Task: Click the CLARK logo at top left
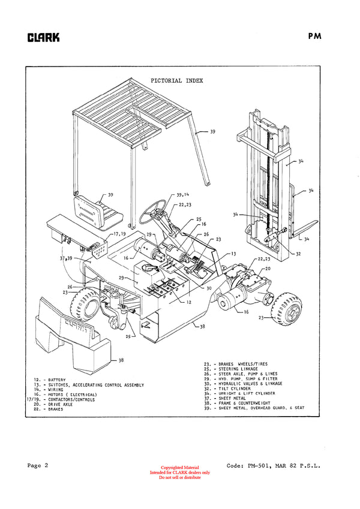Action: click(x=43, y=38)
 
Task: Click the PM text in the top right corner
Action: click(x=315, y=35)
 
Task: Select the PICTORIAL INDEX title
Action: click(x=176, y=80)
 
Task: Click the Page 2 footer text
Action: click(x=37, y=465)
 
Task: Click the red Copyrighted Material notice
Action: click(x=180, y=468)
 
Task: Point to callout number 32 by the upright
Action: click(x=298, y=254)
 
